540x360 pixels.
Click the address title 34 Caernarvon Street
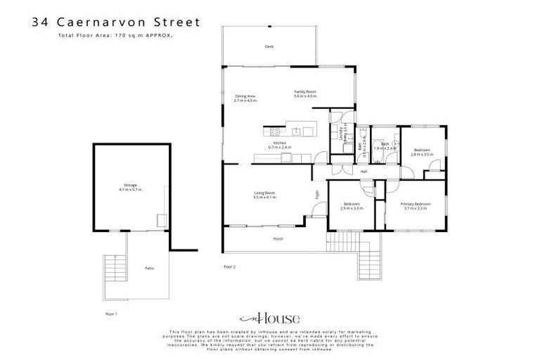tap(116, 22)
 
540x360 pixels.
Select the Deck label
tap(269, 46)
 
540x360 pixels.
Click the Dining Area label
tap(245, 98)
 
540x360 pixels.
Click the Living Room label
tap(264, 195)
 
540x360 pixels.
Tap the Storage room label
tap(130, 188)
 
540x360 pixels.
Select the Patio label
tap(149, 268)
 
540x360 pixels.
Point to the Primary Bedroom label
tap(416, 205)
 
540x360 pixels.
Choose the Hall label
tap(364, 172)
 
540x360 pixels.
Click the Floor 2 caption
tap(229, 266)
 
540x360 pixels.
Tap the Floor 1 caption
tap(111, 313)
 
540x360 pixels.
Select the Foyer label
tap(317, 193)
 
